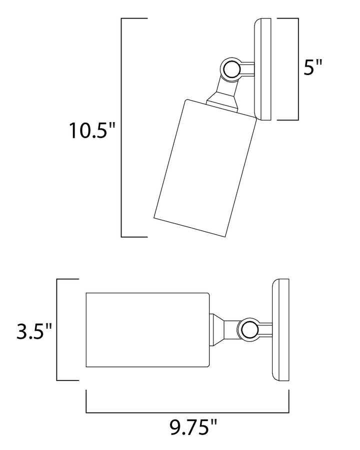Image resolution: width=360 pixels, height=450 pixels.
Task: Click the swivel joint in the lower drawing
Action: pyautogui.click(x=248, y=329)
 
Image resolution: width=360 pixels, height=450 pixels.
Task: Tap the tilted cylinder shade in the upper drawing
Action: pyautogui.click(x=205, y=169)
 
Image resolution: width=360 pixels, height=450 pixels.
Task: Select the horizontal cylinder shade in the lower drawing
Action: pyautogui.click(x=148, y=330)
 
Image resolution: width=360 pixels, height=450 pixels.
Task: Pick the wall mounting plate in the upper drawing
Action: pyautogui.click(x=262, y=69)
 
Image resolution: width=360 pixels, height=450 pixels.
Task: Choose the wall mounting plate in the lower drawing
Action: pyautogui.click(x=280, y=330)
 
